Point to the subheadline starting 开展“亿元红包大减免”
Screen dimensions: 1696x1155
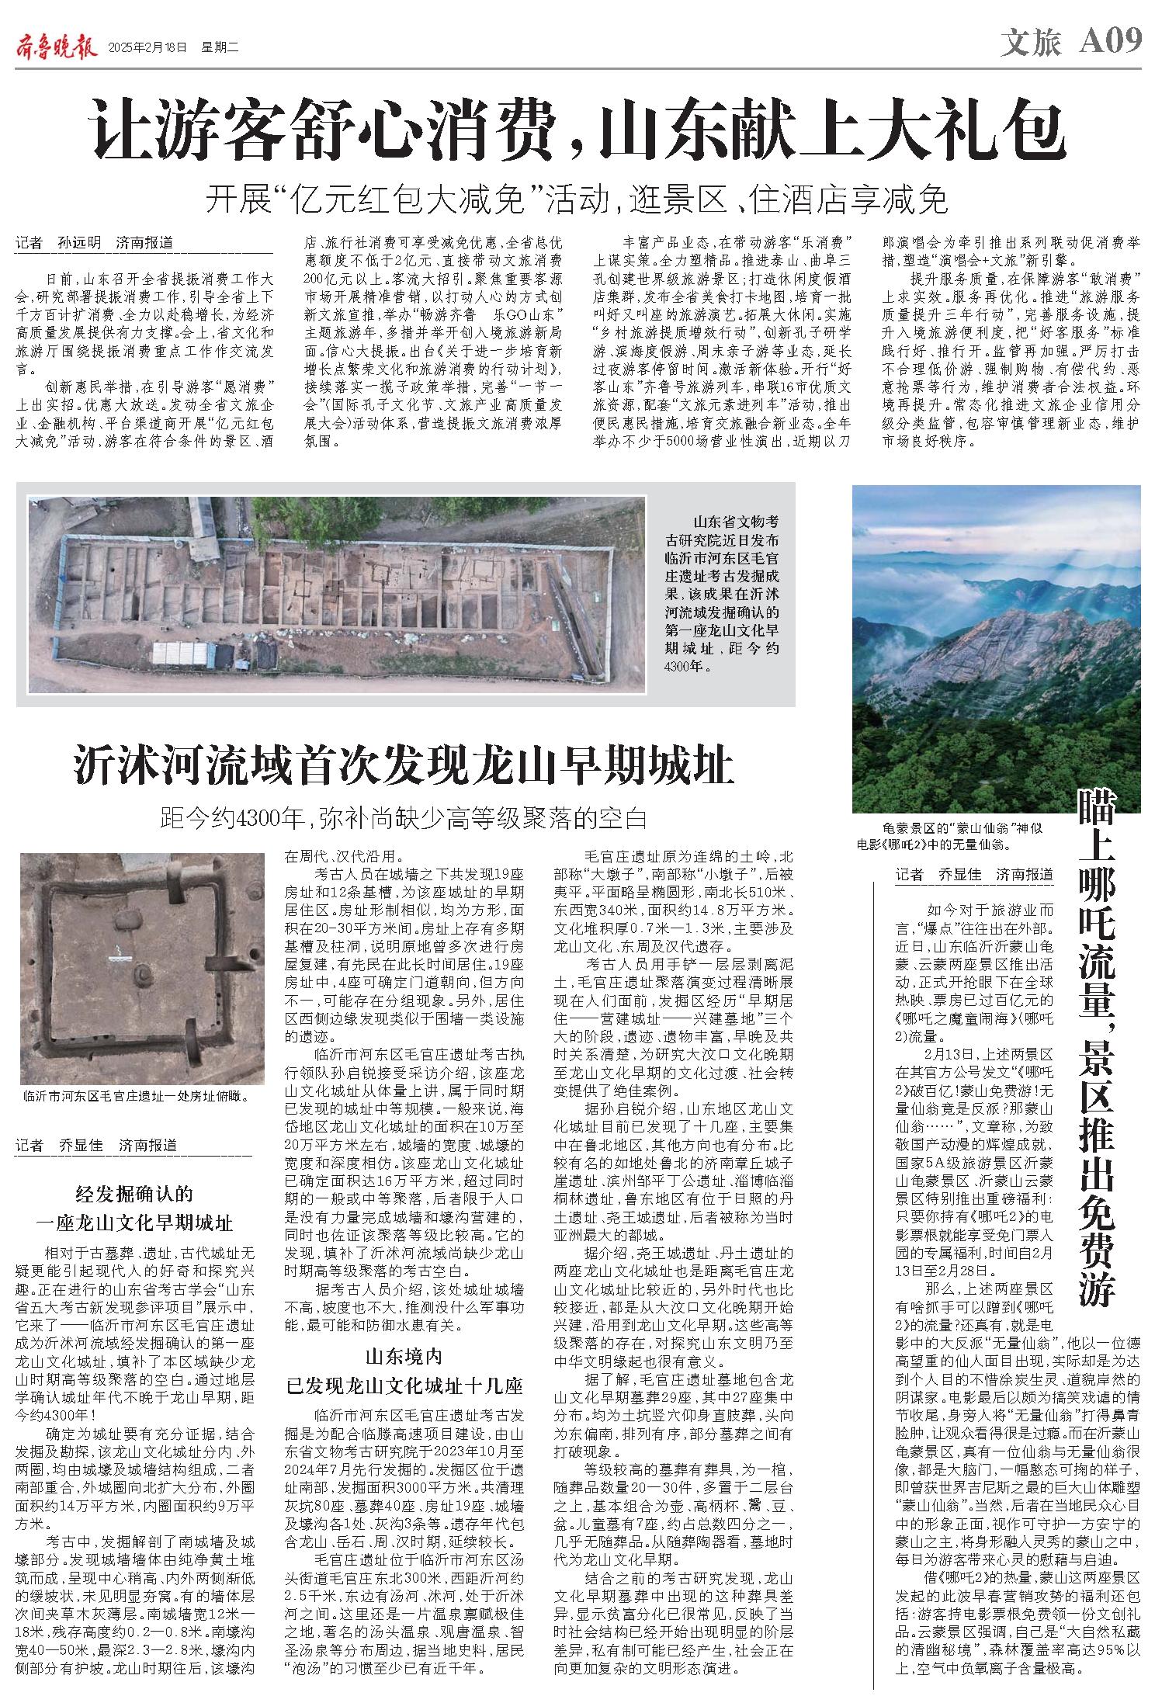coord(577,201)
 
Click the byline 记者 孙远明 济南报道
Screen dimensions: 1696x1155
coord(92,243)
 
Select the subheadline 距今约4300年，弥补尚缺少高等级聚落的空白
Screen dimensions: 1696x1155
coord(404,817)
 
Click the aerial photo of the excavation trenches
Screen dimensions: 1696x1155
coord(337,594)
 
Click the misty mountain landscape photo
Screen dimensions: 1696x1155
coord(996,648)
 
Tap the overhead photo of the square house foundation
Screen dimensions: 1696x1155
coord(142,968)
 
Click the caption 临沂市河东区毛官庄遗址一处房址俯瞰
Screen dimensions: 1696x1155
coord(137,1097)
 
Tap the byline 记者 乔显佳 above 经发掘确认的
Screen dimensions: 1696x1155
coord(95,1145)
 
